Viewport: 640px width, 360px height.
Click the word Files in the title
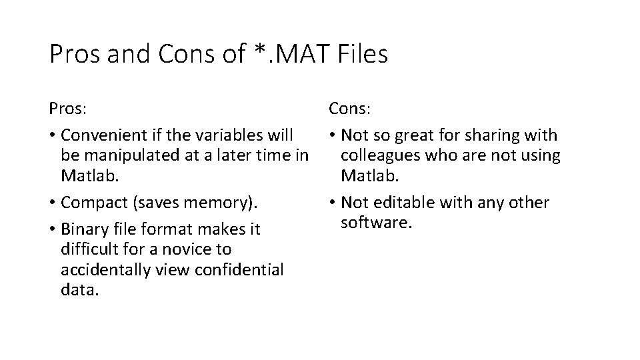point(362,54)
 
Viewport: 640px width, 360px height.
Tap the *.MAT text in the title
point(292,54)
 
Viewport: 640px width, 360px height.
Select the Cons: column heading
point(349,107)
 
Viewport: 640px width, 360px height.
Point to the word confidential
point(240,270)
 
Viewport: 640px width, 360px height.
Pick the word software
point(377,222)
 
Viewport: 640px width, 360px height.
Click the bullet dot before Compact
point(52,203)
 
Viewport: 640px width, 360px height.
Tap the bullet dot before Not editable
point(332,203)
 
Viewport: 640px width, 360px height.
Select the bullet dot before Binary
point(52,230)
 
